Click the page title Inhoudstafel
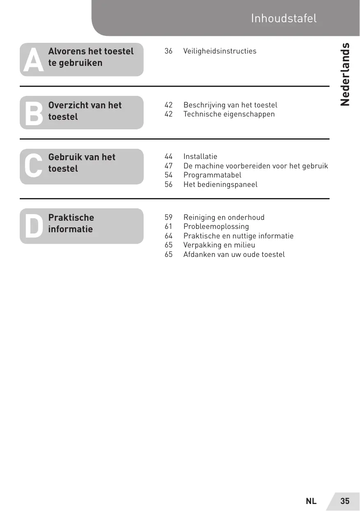(283, 19)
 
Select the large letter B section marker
(33, 114)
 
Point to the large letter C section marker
(33, 166)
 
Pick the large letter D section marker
(33, 226)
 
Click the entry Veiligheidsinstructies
(220, 51)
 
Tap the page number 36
(168, 51)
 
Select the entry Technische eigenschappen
(229, 114)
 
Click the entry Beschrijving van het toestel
(230, 105)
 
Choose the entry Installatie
(200, 156)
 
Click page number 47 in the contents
(168, 166)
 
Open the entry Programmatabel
(212, 175)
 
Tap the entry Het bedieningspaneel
(220, 184)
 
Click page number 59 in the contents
(168, 217)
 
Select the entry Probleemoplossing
(216, 226)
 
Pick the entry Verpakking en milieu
(219, 245)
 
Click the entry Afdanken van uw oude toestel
(234, 254)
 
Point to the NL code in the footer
(311, 501)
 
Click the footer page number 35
(345, 501)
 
